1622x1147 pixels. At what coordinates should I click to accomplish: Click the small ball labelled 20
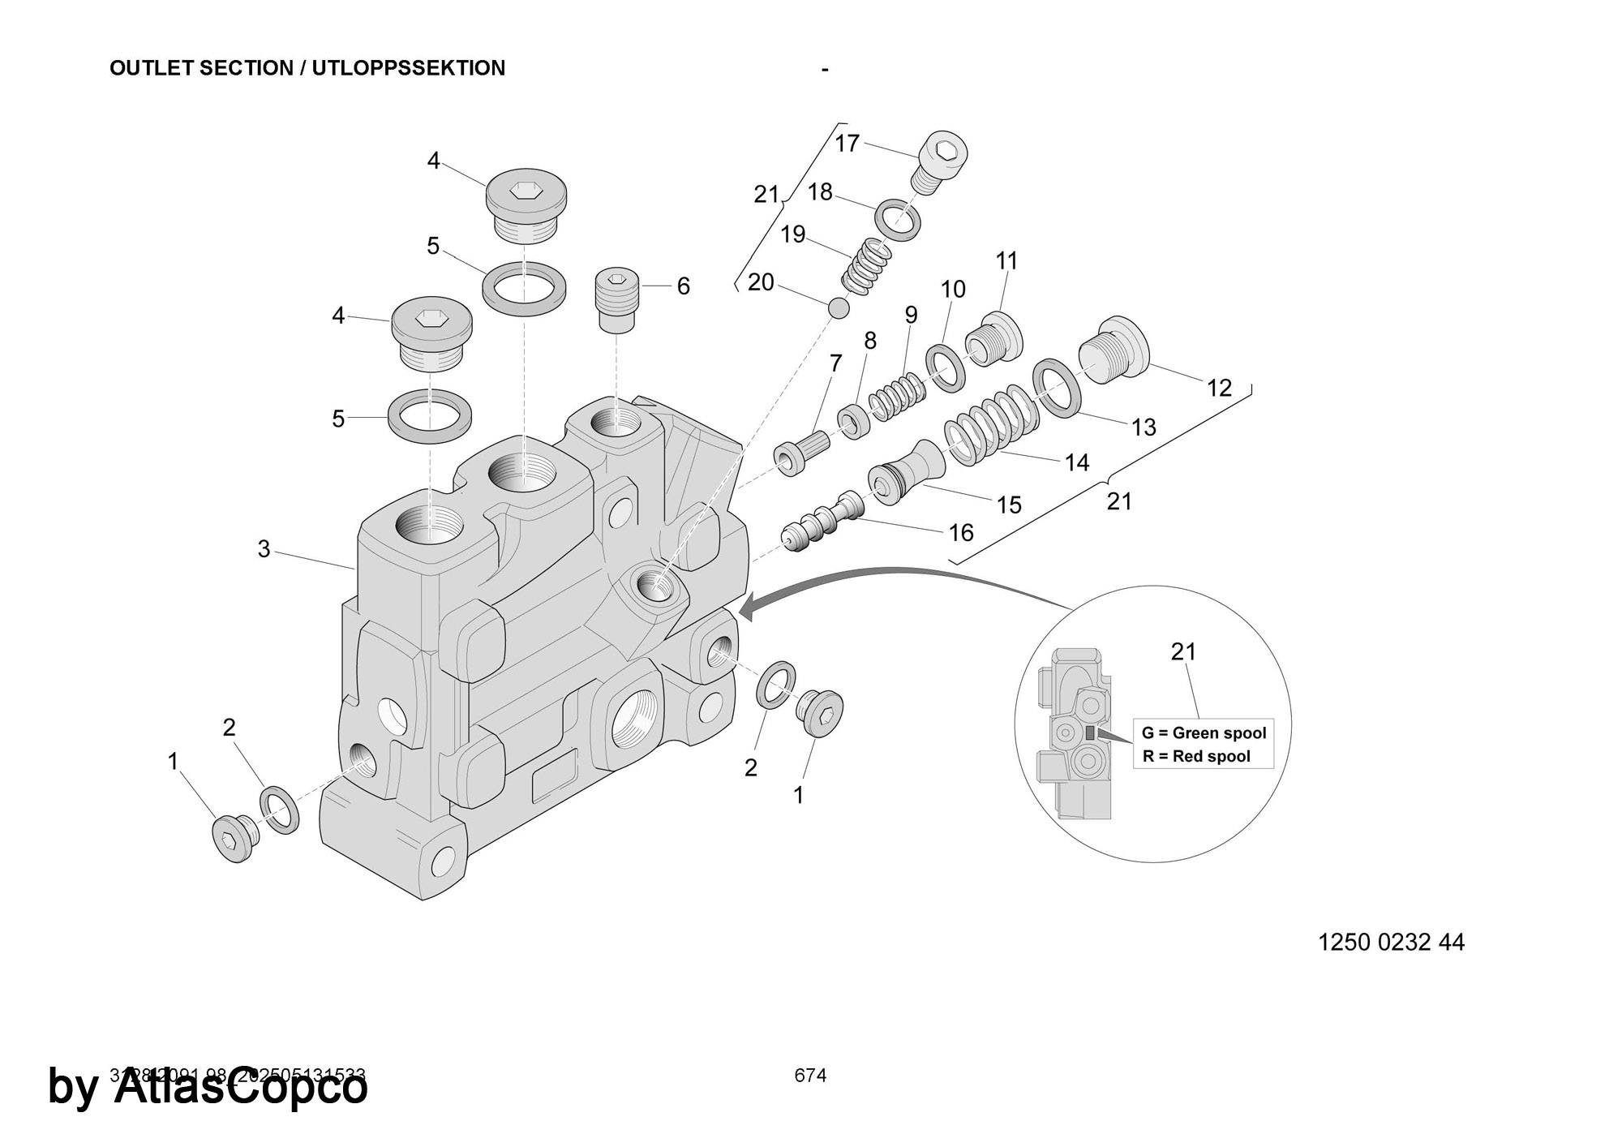pos(839,308)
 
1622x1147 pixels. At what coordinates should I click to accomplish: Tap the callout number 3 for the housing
pos(264,550)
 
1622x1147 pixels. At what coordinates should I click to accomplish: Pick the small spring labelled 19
pos(865,265)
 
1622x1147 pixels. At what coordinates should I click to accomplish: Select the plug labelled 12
pos(1113,358)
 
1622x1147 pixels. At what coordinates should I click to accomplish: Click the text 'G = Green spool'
pos(1204,733)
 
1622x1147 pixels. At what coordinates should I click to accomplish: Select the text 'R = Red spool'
pos(1196,757)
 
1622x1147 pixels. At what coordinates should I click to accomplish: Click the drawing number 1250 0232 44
pos(1391,943)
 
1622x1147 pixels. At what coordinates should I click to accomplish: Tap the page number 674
pos(810,1076)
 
